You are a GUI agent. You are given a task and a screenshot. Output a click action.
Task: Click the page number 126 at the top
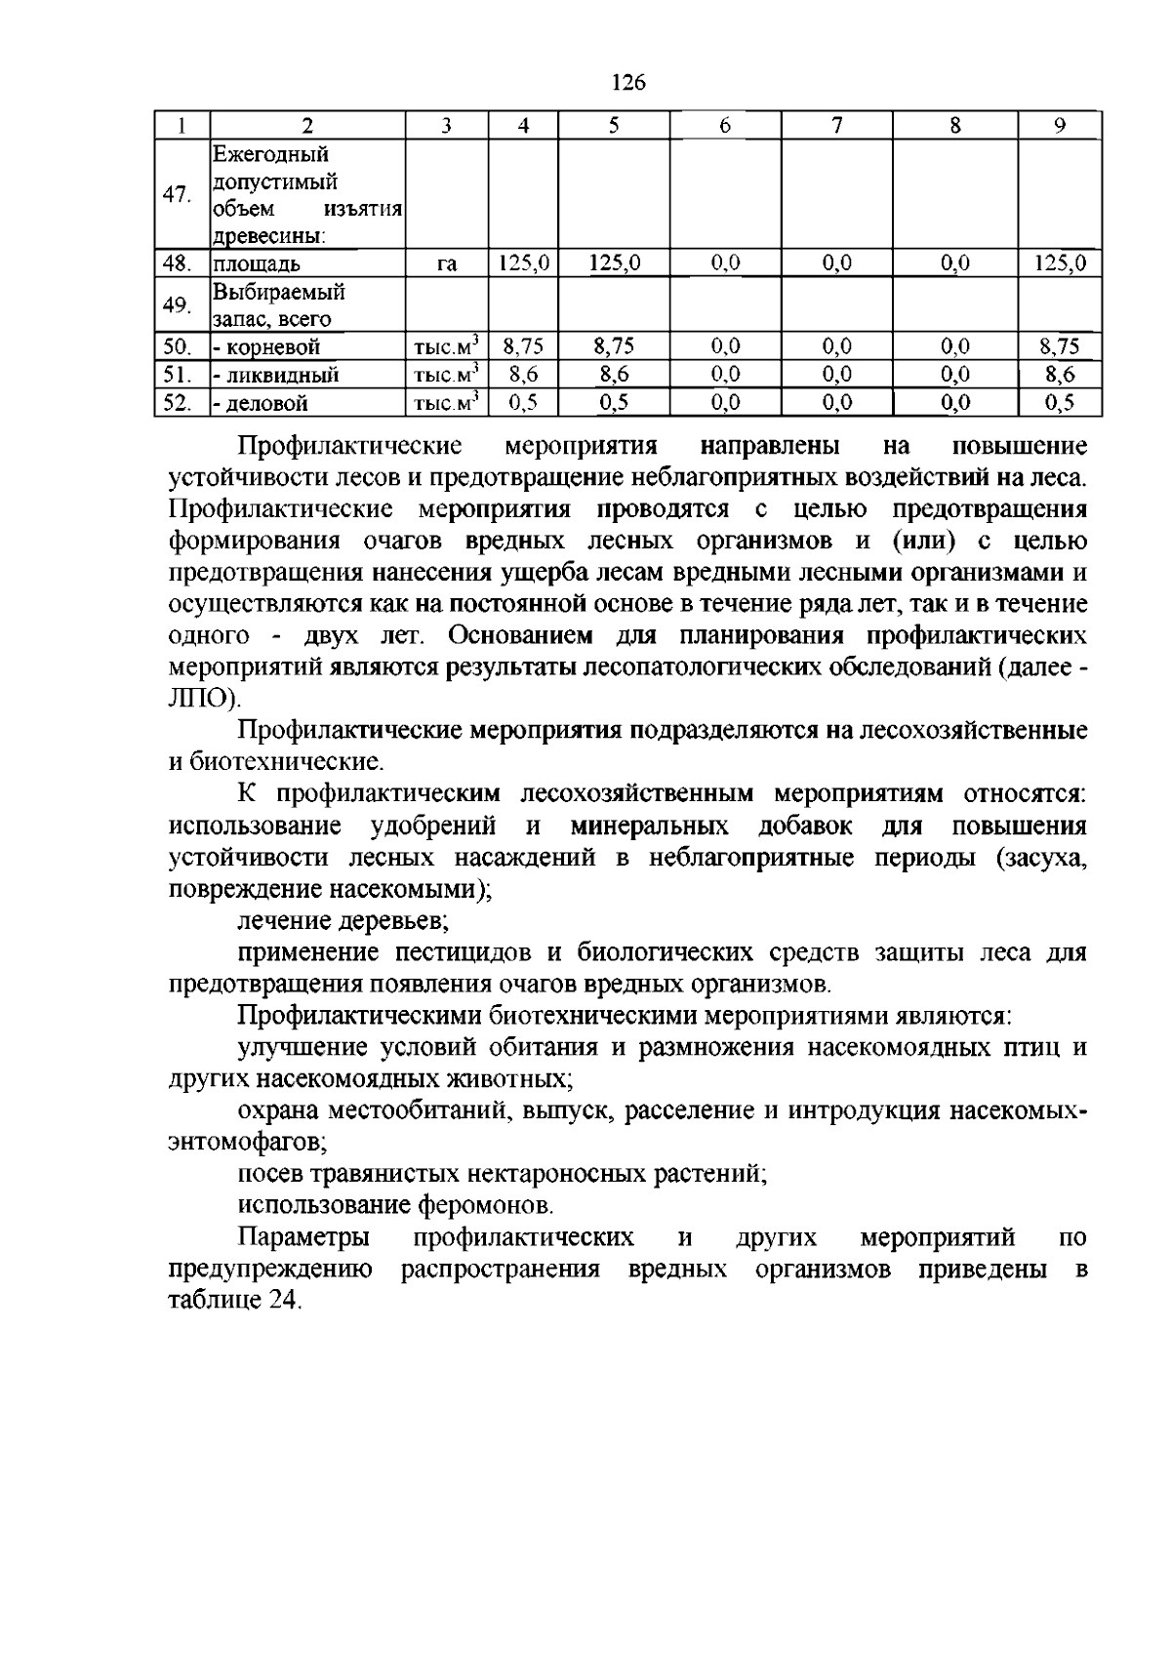click(x=628, y=83)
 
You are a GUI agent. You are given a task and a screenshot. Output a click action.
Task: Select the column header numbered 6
click(x=724, y=126)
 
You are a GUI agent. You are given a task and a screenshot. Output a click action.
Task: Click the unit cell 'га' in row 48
click(x=447, y=263)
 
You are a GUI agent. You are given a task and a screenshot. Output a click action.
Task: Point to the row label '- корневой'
click(x=266, y=347)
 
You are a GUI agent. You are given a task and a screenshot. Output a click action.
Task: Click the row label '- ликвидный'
click(x=275, y=375)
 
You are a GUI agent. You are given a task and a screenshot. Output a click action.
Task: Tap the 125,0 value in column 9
click(x=1060, y=263)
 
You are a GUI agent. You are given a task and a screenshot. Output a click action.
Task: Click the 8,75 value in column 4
click(x=523, y=347)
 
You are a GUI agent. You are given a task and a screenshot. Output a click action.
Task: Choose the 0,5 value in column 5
click(x=614, y=402)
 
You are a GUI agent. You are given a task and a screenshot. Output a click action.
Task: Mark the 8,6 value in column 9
click(x=1060, y=375)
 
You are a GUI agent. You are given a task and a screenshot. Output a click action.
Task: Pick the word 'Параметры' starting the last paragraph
click(x=304, y=1237)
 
